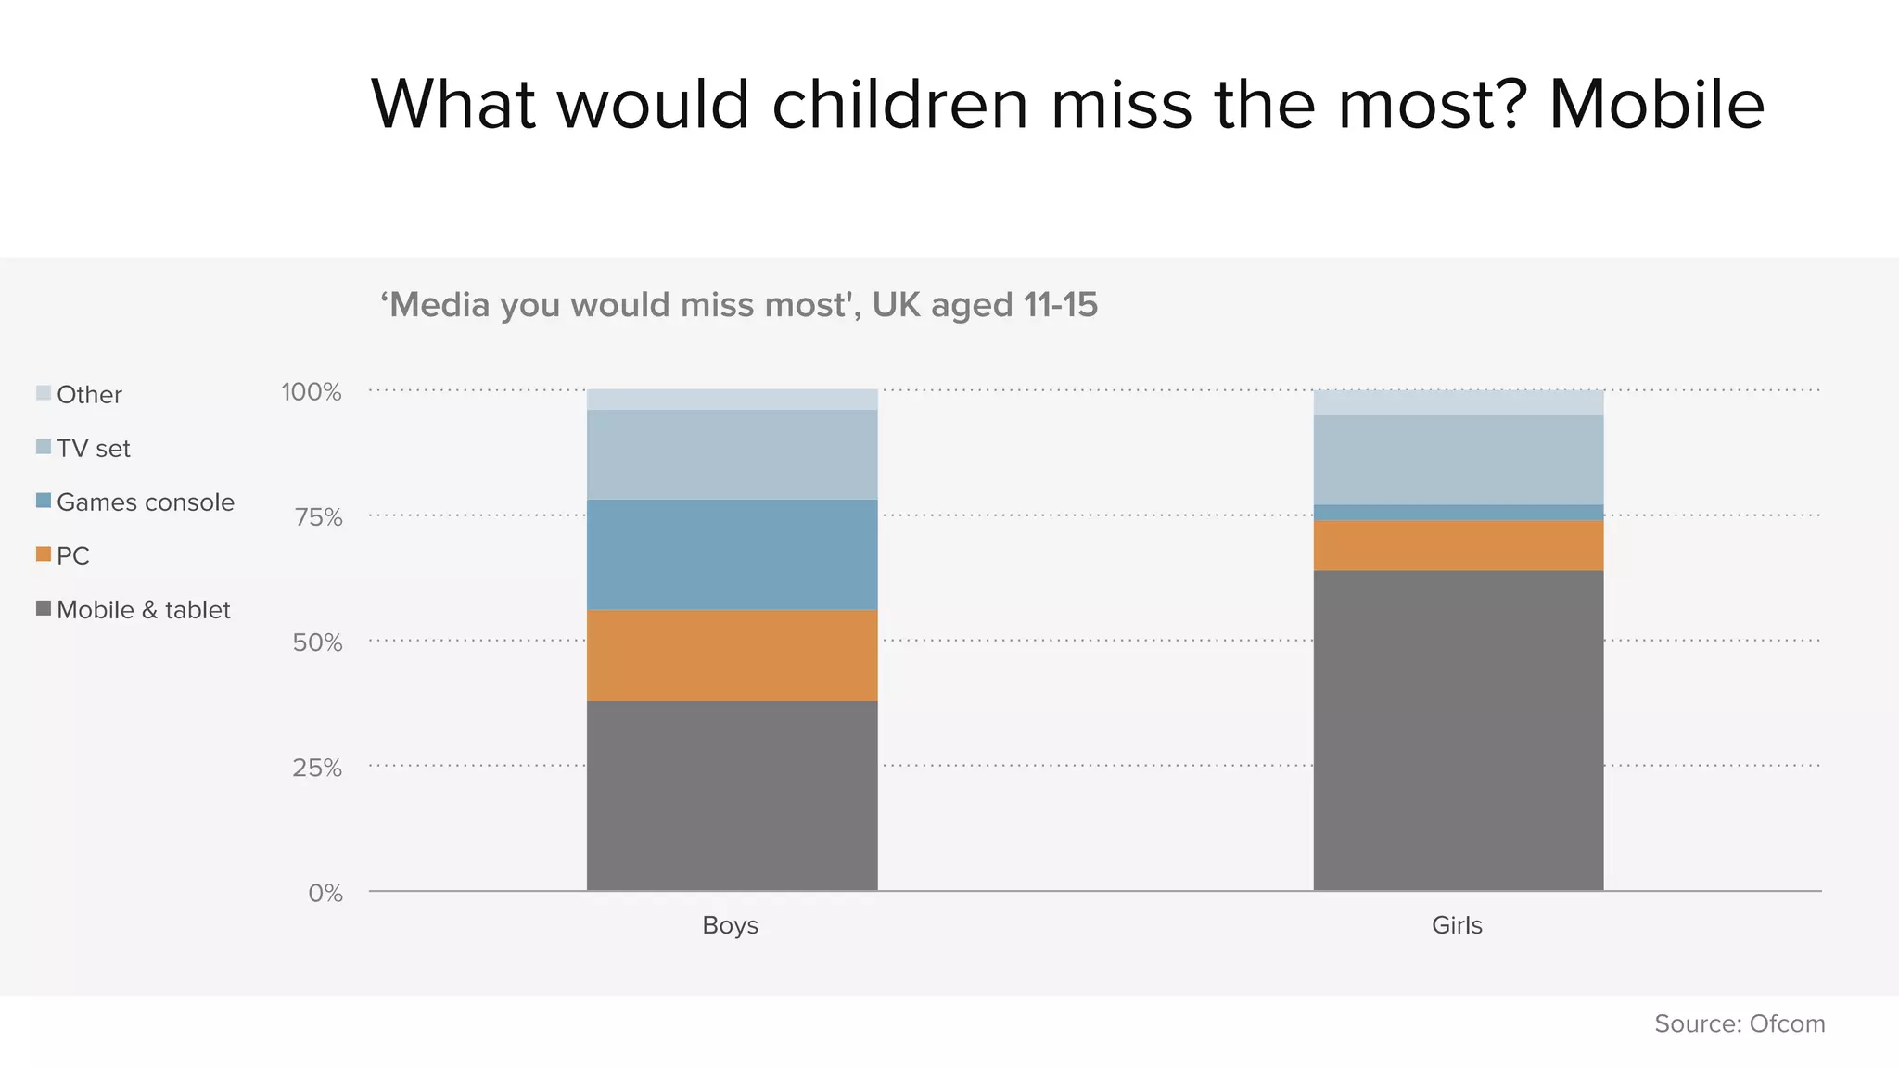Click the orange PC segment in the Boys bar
coord(732,655)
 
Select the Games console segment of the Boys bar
coord(732,554)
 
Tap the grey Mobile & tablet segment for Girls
coord(1458,731)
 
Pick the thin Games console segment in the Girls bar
coord(1458,513)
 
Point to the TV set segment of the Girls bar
coord(1458,460)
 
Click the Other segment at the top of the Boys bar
coord(732,400)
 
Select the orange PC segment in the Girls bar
coord(1458,545)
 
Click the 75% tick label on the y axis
coord(318,517)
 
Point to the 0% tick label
coord(325,893)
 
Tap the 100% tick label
coord(312,392)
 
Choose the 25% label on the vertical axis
coord(317,768)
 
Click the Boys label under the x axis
coord(730,925)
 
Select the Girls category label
coord(1457,925)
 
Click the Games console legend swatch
coord(44,501)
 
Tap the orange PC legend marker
coord(44,554)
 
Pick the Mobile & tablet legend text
coord(143,610)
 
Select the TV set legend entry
coord(93,449)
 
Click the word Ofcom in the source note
coord(1787,1023)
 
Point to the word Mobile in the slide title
coord(1656,104)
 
